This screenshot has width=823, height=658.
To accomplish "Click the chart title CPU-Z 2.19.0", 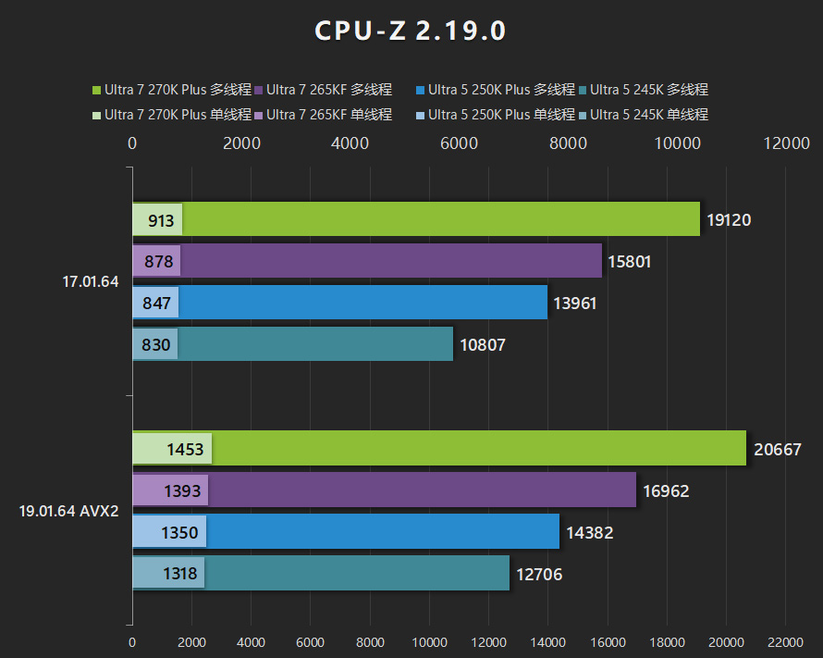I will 411,31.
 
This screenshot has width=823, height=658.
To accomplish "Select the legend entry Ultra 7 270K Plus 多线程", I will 172,90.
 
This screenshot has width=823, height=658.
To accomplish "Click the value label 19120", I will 729,220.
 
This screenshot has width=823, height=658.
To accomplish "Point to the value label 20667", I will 777,449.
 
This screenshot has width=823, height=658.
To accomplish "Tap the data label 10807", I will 483,345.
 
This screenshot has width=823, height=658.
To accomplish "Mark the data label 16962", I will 666,491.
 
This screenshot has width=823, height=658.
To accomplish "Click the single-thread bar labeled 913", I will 157,219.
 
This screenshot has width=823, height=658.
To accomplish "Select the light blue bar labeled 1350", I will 169,532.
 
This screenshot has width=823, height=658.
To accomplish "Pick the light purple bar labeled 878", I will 156,261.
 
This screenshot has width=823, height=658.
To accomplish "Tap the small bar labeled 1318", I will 168,574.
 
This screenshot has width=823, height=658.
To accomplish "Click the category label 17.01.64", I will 91,282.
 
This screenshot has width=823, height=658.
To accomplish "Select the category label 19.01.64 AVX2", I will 68,511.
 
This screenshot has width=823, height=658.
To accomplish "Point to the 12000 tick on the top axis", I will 786,143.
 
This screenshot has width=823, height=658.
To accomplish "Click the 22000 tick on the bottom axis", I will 785,641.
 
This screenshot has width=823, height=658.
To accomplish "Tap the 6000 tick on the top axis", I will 459,143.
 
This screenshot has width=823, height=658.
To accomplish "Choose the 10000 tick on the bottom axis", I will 429,641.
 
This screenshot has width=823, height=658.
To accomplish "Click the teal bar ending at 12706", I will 370,574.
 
